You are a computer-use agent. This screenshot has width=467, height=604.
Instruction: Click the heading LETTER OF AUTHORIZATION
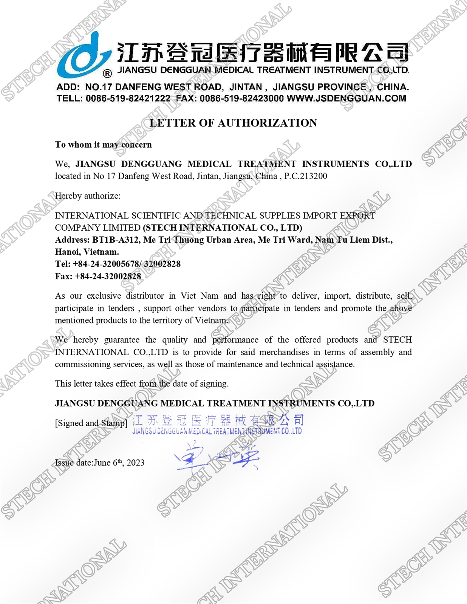(x=233, y=123)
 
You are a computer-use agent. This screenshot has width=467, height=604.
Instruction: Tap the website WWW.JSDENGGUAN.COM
(x=346, y=99)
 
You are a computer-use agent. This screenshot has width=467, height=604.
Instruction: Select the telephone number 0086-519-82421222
(x=128, y=99)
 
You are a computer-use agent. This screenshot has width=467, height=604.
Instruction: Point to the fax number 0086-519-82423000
(x=242, y=99)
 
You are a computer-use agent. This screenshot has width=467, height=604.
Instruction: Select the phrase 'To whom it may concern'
(x=103, y=145)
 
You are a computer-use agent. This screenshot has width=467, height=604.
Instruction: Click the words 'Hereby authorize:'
(x=88, y=196)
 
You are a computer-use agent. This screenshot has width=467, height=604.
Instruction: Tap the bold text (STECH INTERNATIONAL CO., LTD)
(x=223, y=228)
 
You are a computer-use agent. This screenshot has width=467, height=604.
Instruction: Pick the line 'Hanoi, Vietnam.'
(x=87, y=252)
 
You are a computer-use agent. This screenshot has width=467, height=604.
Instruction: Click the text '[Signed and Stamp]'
(x=91, y=423)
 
